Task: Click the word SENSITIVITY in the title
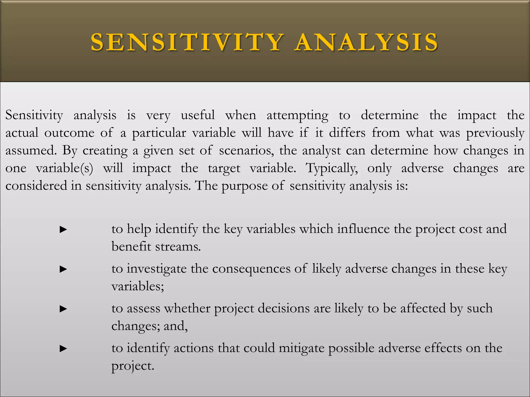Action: (187, 42)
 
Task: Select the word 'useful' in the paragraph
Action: (198, 115)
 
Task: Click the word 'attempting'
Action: (298, 116)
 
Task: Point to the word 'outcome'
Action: (69, 133)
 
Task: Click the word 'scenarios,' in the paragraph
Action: (246, 150)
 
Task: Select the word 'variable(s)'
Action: (64, 168)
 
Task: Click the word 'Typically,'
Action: (332, 168)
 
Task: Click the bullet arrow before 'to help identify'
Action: (63, 229)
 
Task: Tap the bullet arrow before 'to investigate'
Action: (63, 269)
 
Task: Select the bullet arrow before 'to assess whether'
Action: (63, 309)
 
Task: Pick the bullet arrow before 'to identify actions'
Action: (63, 348)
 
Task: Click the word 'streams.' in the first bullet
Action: (178, 246)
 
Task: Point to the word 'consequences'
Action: (251, 269)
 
